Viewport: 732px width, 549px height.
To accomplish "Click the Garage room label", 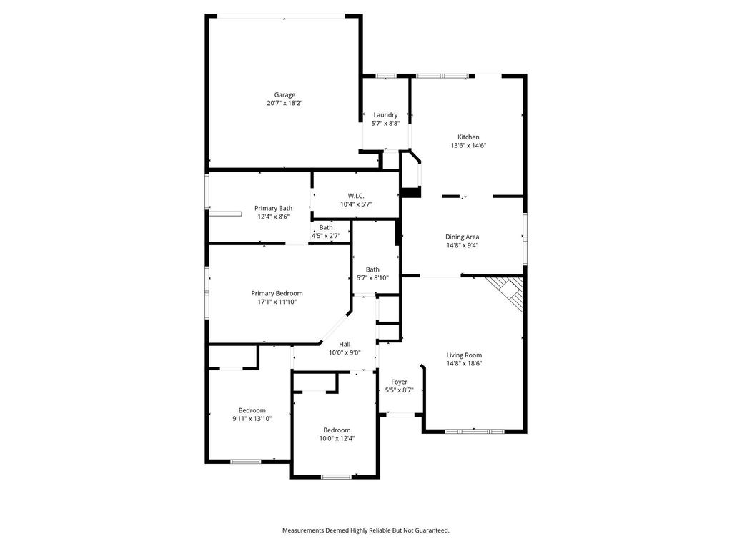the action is click(285, 95).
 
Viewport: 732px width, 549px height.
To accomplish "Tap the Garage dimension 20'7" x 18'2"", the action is click(285, 103).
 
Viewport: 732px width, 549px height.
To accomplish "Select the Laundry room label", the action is click(385, 115).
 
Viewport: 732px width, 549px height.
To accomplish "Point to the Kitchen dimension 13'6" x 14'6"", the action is click(468, 145).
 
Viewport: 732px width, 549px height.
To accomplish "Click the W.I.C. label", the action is click(356, 196).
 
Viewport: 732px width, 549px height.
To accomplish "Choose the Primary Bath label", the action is click(274, 208).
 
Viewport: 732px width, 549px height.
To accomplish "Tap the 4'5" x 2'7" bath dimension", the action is click(326, 236).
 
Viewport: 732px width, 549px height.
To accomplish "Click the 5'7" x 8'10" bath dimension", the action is click(372, 278).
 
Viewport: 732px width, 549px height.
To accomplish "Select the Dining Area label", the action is click(463, 237).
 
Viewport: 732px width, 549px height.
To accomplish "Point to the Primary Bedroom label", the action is click(277, 293).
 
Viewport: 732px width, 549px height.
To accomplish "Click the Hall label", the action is click(345, 344).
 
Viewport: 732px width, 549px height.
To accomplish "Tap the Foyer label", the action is click(399, 382).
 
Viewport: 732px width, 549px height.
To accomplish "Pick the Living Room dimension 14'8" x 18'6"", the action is click(464, 363).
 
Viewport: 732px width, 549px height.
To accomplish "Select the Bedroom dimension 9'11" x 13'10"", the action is click(252, 419).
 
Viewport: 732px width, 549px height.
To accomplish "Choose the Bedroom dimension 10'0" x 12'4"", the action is click(337, 438).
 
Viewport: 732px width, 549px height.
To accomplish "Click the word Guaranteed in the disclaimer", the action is click(432, 530).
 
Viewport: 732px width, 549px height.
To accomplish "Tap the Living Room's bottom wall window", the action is click(475, 431).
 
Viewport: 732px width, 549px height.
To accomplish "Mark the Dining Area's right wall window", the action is click(525, 239).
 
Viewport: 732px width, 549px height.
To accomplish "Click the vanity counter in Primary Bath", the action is click(225, 214).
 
